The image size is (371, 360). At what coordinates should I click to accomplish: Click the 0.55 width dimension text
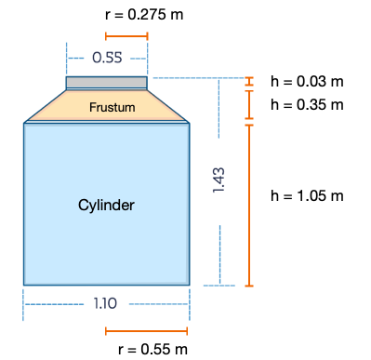pyautogui.click(x=107, y=58)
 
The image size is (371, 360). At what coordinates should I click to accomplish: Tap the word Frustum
pyautogui.click(x=112, y=108)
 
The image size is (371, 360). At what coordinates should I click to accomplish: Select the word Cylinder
pyautogui.click(x=106, y=205)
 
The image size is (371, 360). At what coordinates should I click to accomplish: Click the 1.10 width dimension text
pyautogui.click(x=106, y=303)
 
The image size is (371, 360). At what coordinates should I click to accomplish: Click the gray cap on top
pyautogui.click(x=106, y=83)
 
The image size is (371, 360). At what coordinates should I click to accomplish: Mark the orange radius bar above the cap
pyautogui.click(x=126, y=37)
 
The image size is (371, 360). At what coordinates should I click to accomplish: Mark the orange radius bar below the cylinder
pyautogui.click(x=147, y=330)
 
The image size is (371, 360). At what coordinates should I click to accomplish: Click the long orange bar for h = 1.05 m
pyautogui.click(x=248, y=205)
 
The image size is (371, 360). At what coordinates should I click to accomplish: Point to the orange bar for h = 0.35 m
pyautogui.click(x=248, y=105)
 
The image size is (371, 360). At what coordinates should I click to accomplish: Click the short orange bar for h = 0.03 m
pyautogui.click(x=248, y=81)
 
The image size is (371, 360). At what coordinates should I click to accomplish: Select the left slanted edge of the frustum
pyautogui.click(x=45, y=106)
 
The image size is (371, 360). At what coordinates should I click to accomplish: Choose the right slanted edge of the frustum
pyautogui.click(x=168, y=106)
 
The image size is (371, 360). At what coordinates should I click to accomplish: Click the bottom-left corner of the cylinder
pyautogui.click(x=24, y=284)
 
